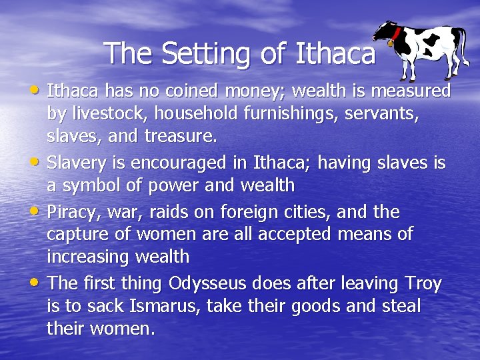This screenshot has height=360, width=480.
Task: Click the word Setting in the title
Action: tap(203, 53)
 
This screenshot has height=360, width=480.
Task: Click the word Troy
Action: tap(423, 283)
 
